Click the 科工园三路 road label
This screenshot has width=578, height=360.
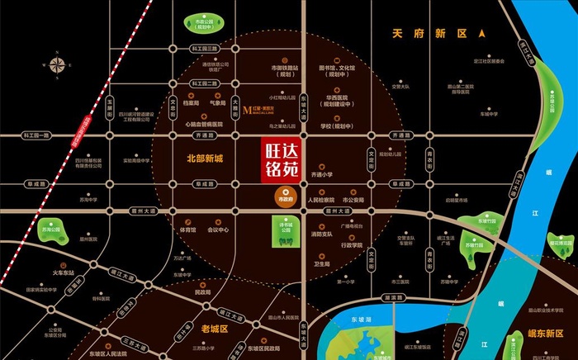[202, 49]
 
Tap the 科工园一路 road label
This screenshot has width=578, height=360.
[36, 134]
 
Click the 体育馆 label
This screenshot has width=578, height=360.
[187, 230]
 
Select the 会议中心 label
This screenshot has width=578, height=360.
[219, 230]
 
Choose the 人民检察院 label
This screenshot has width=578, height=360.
[320, 199]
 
